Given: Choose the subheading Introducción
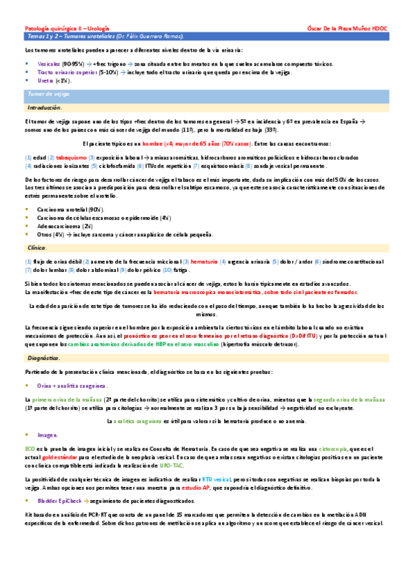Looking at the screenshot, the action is (x=46, y=108).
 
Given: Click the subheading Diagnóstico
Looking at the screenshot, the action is (x=43, y=358).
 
